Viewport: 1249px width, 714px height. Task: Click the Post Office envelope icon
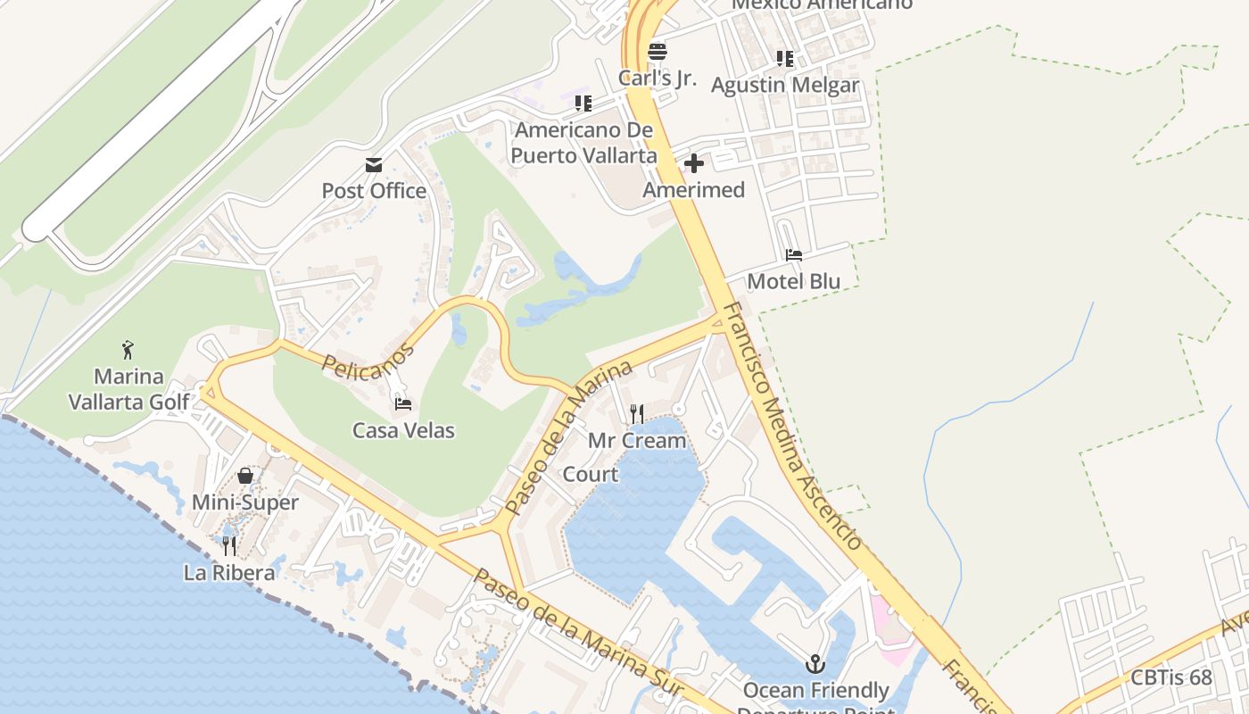click(x=374, y=165)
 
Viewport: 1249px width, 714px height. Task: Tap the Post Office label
click(x=374, y=191)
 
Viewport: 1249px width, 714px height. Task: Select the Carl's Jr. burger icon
click(x=658, y=51)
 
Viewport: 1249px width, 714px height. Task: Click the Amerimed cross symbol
click(x=694, y=163)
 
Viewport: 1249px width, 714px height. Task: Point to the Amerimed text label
click(x=693, y=190)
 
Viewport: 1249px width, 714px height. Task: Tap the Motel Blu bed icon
click(x=793, y=255)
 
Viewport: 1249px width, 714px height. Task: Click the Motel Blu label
click(x=793, y=282)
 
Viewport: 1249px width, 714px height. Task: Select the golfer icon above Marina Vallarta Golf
click(x=128, y=349)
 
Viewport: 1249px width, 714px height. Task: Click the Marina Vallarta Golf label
click(x=129, y=388)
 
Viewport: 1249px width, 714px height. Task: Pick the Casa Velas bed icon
click(x=403, y=404)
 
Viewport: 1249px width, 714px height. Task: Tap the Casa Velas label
click(x=403, y=430)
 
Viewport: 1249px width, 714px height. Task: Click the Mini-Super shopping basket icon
click(x=245, y=477)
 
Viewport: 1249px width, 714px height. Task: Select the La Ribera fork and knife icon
click(x=229, y=545)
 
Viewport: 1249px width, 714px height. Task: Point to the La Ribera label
click(x=229, y=573)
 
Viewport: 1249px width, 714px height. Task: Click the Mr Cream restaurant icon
click(x=636, y=413)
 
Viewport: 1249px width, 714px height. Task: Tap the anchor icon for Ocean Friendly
click(x=815, y=664)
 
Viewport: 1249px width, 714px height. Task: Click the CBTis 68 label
click(x=1170, y=677)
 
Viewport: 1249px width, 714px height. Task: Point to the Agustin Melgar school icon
click(x=784, y=59)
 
